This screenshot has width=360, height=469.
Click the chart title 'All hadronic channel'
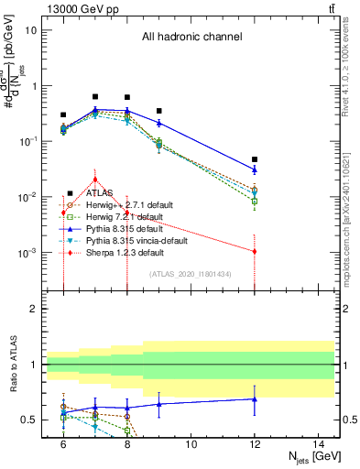(x=191, y=37)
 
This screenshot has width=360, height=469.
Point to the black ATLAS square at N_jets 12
(x=255, y=159)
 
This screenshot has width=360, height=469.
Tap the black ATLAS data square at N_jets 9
(x=159, y=111)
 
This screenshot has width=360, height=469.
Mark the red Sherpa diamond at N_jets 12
(x=255, y=251)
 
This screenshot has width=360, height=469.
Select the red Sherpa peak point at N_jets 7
(x=95, y=179)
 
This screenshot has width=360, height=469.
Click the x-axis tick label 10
(x=191, y=443)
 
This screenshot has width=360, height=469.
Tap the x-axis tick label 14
(x=318, y=443)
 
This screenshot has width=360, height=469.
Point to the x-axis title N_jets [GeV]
(x=315, y=457)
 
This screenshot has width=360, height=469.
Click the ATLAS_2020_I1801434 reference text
(x=190, y=274)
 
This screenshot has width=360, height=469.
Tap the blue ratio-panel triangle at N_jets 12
(x=255, y=398)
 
